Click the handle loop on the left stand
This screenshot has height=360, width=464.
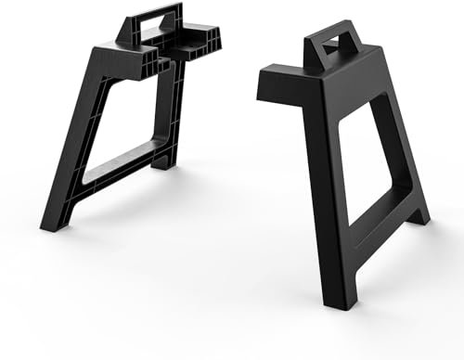click(x=153, y=13)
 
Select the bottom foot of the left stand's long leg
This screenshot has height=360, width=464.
click(x=50, y=224)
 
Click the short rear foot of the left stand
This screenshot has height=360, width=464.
click(x=163, y=162)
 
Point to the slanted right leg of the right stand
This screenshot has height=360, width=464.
click(x=404, y=148)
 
